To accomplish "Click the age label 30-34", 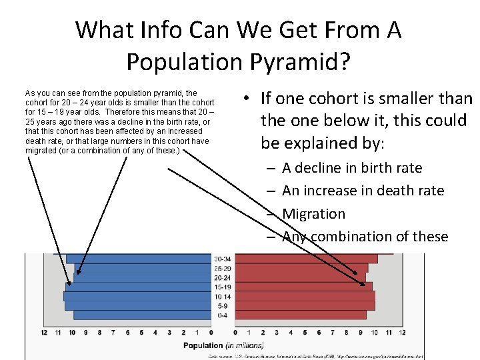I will click(223, 259).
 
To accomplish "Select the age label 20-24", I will click(223, 277).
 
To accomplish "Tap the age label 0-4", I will click(223, 315).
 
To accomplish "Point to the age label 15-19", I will click(223, 287).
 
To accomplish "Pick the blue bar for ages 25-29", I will click(139, 268).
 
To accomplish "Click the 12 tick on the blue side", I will click(44, 332).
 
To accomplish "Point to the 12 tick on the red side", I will click(402, 332).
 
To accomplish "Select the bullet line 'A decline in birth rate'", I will click(352, 168).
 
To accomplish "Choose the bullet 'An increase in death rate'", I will click(363, 191).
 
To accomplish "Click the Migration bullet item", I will click(313, 214).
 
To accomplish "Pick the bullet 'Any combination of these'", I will click(365, 237).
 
